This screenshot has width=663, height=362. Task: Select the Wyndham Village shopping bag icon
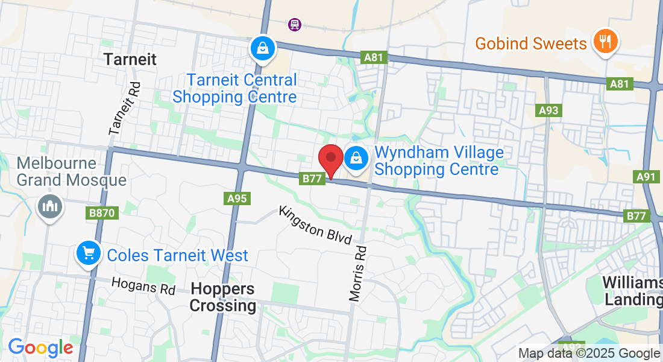pos(356,159)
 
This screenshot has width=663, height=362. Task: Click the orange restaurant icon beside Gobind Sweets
pos(606,42)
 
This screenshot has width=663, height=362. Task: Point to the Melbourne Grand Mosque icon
pos(49,206)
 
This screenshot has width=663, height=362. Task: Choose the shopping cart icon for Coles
pos(89,254)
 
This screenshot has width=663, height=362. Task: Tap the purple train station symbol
pos(295,25)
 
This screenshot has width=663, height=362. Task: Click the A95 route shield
pos(238,198)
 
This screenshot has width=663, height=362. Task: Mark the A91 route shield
pos(648,177)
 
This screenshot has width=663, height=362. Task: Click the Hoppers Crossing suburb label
pos(223,297)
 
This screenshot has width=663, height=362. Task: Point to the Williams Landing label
pos(633,291)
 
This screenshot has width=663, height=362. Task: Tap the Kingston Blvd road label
pos(315,224)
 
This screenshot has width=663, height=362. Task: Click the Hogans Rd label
pos(143,285)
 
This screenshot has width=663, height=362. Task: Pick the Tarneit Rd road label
pos(124,109)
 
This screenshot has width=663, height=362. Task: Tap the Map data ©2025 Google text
pos(589,354)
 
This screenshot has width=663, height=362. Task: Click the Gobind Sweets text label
pos(530,43)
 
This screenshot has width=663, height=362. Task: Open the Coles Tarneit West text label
pos(177,255)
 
